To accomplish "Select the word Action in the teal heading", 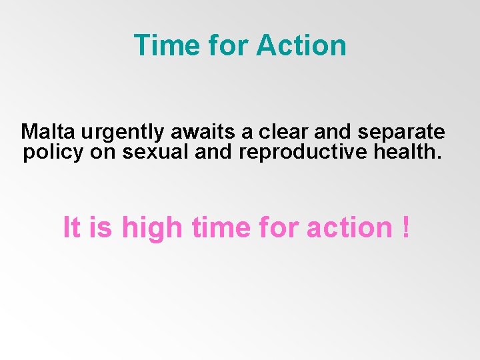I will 301,45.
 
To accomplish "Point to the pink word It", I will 71,227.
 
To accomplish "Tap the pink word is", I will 100,227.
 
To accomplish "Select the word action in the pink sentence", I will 349,227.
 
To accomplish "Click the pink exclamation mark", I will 406,227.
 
